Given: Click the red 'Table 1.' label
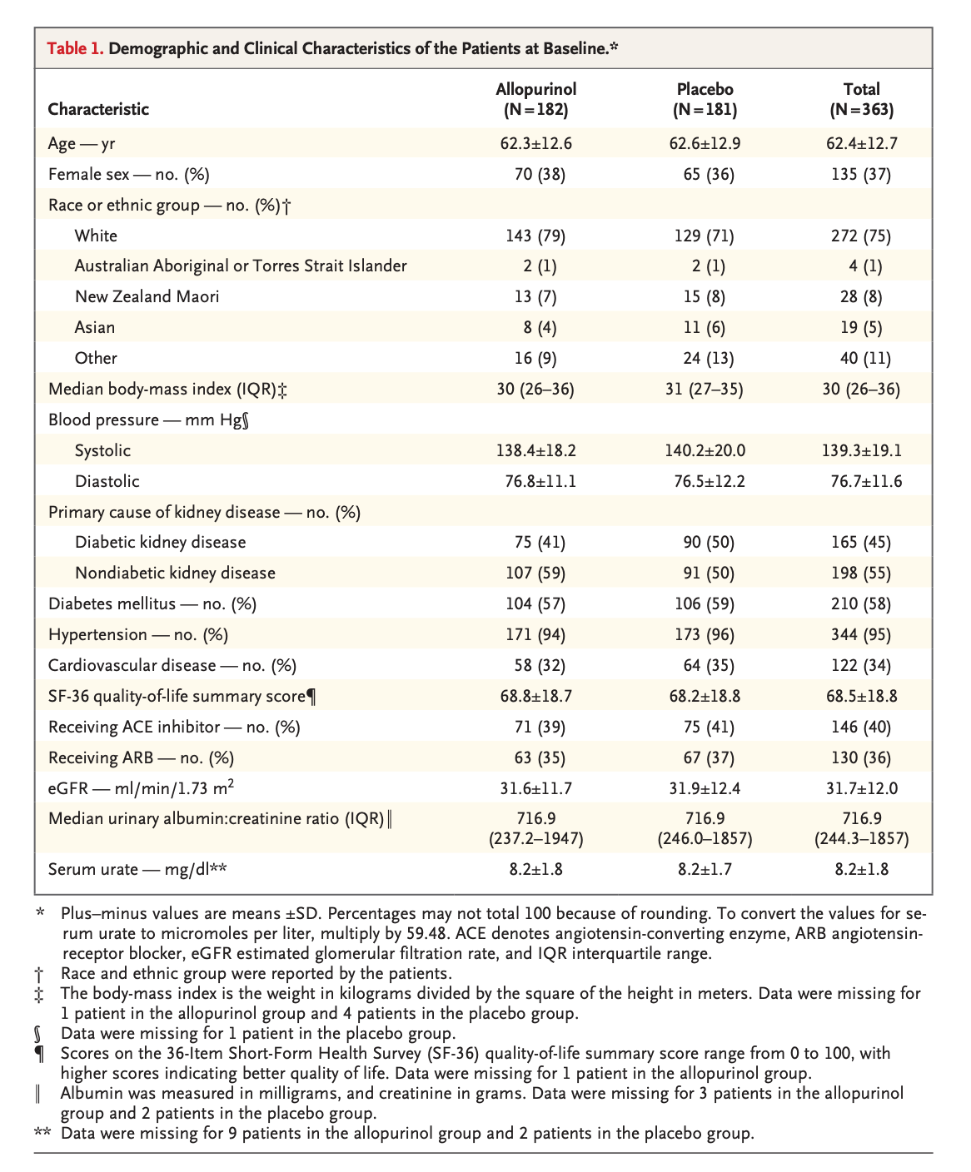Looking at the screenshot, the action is [x=75, y=48].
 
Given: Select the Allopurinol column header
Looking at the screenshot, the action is [x=535, y=99].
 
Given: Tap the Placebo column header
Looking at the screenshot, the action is [x=705, y=99].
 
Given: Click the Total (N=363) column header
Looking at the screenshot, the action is [x=861, y=99].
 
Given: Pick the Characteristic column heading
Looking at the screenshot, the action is [x=98, y=109].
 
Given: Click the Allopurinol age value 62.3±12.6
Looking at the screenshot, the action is [x=535, y=144].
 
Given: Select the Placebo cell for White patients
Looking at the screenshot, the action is [x=705, y=236].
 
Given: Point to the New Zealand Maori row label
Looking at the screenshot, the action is [x=147, y=296].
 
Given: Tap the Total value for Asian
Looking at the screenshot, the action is [x=861, y=327].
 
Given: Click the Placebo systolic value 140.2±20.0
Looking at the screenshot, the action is [x=705, y=450].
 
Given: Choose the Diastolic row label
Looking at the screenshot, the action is [x=107, y=482].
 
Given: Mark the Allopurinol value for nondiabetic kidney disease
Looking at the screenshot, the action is [x=535, y=573].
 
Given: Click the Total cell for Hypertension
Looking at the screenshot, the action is [x=861, y=635].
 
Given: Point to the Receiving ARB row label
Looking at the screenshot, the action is [x=141, y=757].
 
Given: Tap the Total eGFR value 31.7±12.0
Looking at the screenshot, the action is [x=861, y=788].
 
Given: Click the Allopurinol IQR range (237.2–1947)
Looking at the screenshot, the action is [x=535, y=838].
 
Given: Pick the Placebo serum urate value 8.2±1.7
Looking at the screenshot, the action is [x=705, y=870].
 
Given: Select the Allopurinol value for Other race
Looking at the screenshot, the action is [x=535, y=358].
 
